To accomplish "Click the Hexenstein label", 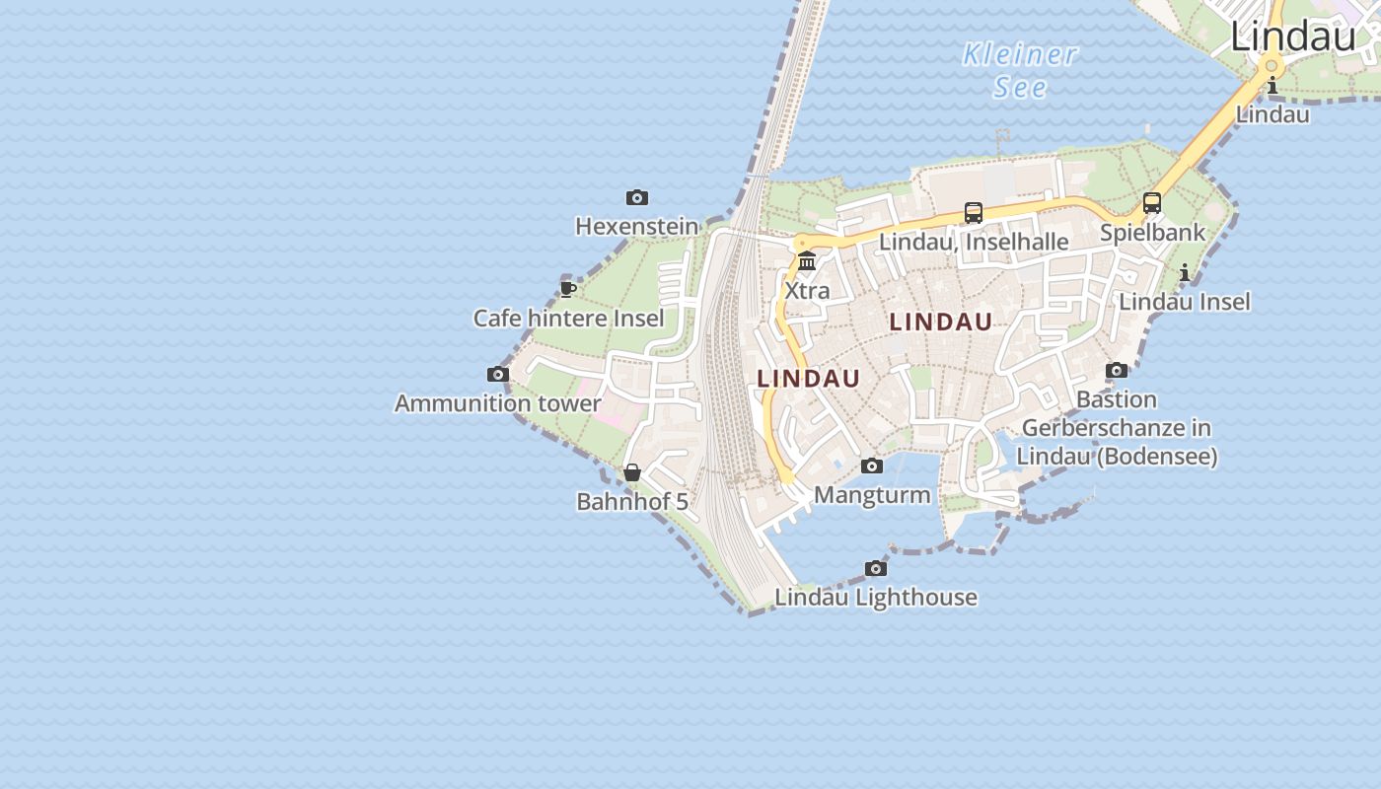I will pos(636,226).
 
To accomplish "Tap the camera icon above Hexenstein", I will pos(637,197).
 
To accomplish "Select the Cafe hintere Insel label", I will pos(568,318).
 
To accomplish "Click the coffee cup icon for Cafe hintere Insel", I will pos(567,289).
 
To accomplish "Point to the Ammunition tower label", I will pos(497,402).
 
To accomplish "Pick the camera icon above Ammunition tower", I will pos(498,374).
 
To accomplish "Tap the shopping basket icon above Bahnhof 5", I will pos(632,472).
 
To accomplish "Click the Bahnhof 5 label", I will pos(632,501).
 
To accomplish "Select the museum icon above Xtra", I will pos(807,261).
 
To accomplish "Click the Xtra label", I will pos(807,291).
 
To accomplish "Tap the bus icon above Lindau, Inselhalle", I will pos(974,212).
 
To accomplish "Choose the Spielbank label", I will pos(1152,233).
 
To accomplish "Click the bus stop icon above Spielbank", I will pos(1152,203).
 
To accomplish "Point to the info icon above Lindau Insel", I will pos(1185,272).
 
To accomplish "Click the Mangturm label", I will pos(872,494).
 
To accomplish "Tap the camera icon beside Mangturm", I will pos(872,466).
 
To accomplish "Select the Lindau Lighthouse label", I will pos(876,597).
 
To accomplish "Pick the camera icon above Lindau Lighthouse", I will pos(876,568).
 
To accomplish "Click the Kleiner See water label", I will pos(1020,70).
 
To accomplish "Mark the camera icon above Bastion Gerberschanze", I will pos(1117,370).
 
